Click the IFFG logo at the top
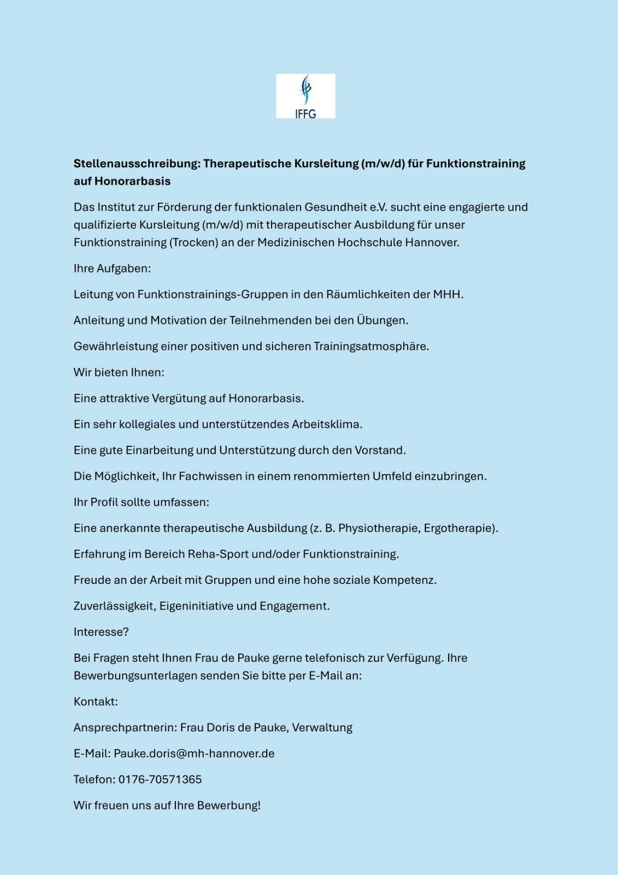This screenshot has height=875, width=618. click(305, 96)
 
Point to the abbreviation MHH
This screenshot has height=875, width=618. click(448, 294)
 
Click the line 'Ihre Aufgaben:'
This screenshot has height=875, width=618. click(112, 269)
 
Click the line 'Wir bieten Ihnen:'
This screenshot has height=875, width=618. click(119, 372)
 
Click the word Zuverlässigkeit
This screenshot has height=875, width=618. click(115, 606)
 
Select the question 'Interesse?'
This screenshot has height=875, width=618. click(101, 632)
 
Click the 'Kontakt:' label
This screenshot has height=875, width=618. click(96, 702)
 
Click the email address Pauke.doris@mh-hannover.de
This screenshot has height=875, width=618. click(194, 754)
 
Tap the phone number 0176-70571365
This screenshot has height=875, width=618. click(160, 779)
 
